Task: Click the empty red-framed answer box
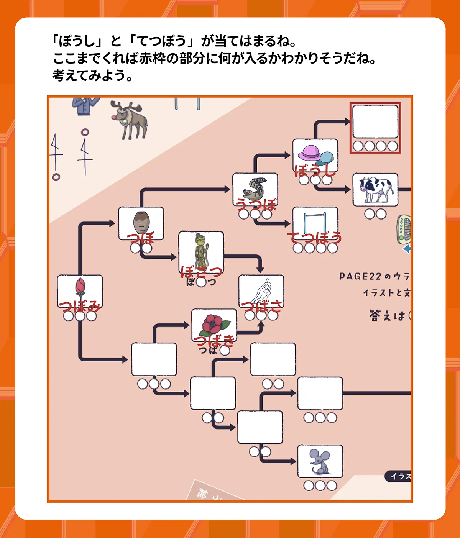coord(375,121)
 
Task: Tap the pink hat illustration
coord(309,153)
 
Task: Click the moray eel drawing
coord(255,187)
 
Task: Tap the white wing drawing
coord(261,291)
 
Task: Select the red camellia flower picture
coord(214,324)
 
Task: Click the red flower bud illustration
coord(80,289)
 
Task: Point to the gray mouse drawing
coord(320,461)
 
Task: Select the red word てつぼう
coord(315,238)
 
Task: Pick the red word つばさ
coord(262,307)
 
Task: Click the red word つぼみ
coord(80,307)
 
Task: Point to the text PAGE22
coord(360,276)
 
